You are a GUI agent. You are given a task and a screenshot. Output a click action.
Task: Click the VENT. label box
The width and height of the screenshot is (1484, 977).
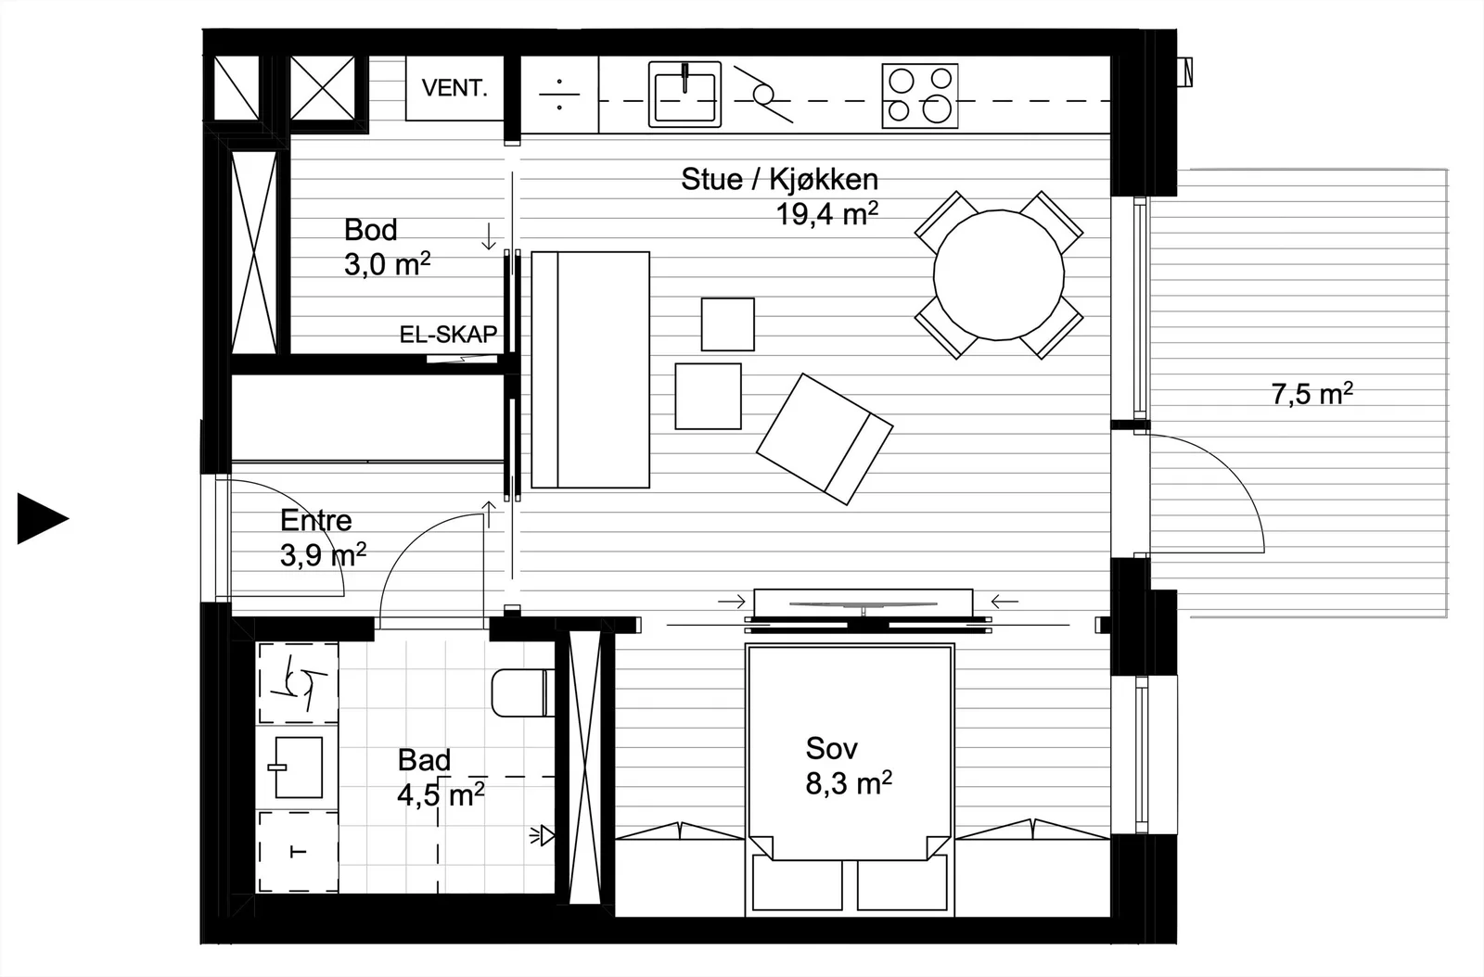pyautogui.click(x=454, y=88)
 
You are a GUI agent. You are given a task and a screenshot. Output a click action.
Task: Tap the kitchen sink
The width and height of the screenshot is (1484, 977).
pyautogui.click(x=684, y=94)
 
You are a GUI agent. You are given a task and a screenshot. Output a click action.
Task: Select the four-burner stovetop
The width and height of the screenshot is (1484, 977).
pyautogui.click(x=919, y=95)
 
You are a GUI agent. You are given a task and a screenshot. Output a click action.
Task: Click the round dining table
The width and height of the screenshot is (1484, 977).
pyautogui.click(x=998, y=274)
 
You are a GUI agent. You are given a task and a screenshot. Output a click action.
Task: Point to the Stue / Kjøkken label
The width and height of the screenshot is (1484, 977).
pyautogui.click(x=779, y=180)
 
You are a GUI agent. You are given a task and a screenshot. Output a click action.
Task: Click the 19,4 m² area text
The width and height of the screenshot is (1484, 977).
pyautogui.click(x=826, y=214)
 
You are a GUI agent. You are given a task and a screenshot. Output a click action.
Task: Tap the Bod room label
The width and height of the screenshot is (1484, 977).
pyautogui.click(x=370, y=230)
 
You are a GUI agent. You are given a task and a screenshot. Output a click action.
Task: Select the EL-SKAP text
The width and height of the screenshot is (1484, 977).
pyautogui.click(x=448, y=335)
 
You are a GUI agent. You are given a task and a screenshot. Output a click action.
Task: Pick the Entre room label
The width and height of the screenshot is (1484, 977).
pyautogui.click(x=316, y=520)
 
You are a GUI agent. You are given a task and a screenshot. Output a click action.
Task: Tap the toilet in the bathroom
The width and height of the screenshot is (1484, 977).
pyautogui.click(x=523, y=693)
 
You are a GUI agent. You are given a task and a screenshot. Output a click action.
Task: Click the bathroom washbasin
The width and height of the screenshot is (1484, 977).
pyautogui.click(x=298, y=768)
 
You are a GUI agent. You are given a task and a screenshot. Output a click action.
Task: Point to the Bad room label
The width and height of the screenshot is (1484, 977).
pyautogui.click(x=424, y=760)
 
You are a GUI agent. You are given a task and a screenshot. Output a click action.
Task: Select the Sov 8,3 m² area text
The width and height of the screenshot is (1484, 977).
pyautogui.click(x=849, y=766)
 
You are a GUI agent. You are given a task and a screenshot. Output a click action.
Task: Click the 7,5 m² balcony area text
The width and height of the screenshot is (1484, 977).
pyautogui.click(x=1311, y=394)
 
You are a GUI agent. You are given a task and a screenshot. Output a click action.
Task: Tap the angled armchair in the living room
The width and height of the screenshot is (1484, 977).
pyautogui.click(x=825, y=438)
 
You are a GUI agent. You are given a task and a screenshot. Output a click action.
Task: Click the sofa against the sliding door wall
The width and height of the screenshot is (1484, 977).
pyautogui.click(x=590, y=369)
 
